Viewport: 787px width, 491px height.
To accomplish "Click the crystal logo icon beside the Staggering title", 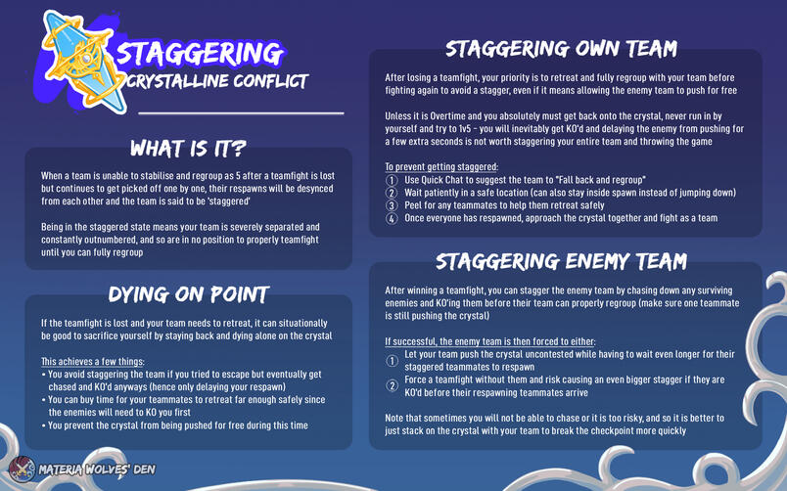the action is tap(83, 61).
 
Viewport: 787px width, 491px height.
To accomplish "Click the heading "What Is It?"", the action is tap(188, 149).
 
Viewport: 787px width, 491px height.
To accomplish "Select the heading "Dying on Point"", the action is tap(189, 294).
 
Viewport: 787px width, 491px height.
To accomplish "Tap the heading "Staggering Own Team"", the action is tap(561, 49).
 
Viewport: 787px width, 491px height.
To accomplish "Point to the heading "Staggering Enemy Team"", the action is tap(561, 261).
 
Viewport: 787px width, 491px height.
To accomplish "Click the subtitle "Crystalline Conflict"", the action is tap(217, 81).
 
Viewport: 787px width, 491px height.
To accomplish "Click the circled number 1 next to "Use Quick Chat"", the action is tap(392, 180).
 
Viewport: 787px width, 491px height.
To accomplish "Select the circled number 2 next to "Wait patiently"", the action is tap(392, 193).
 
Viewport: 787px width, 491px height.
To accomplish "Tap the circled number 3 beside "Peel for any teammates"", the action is tap(392, 205).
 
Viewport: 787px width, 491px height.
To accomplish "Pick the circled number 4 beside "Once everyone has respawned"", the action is tap(392, 219).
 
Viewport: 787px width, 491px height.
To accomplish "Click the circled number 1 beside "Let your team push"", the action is tap(392, 361).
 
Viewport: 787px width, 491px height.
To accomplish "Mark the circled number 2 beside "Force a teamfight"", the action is tap(392, 385).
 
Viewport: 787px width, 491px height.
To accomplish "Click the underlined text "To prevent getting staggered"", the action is tap(441, 167).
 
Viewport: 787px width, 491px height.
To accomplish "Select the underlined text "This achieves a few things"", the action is tap(92, 362).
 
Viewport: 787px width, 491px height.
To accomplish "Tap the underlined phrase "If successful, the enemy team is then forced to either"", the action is tap(489, 341).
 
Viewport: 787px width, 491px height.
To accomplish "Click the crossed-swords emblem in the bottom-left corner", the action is tap(23, 469).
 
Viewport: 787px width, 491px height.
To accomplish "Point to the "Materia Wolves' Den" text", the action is tap(97, 469).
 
